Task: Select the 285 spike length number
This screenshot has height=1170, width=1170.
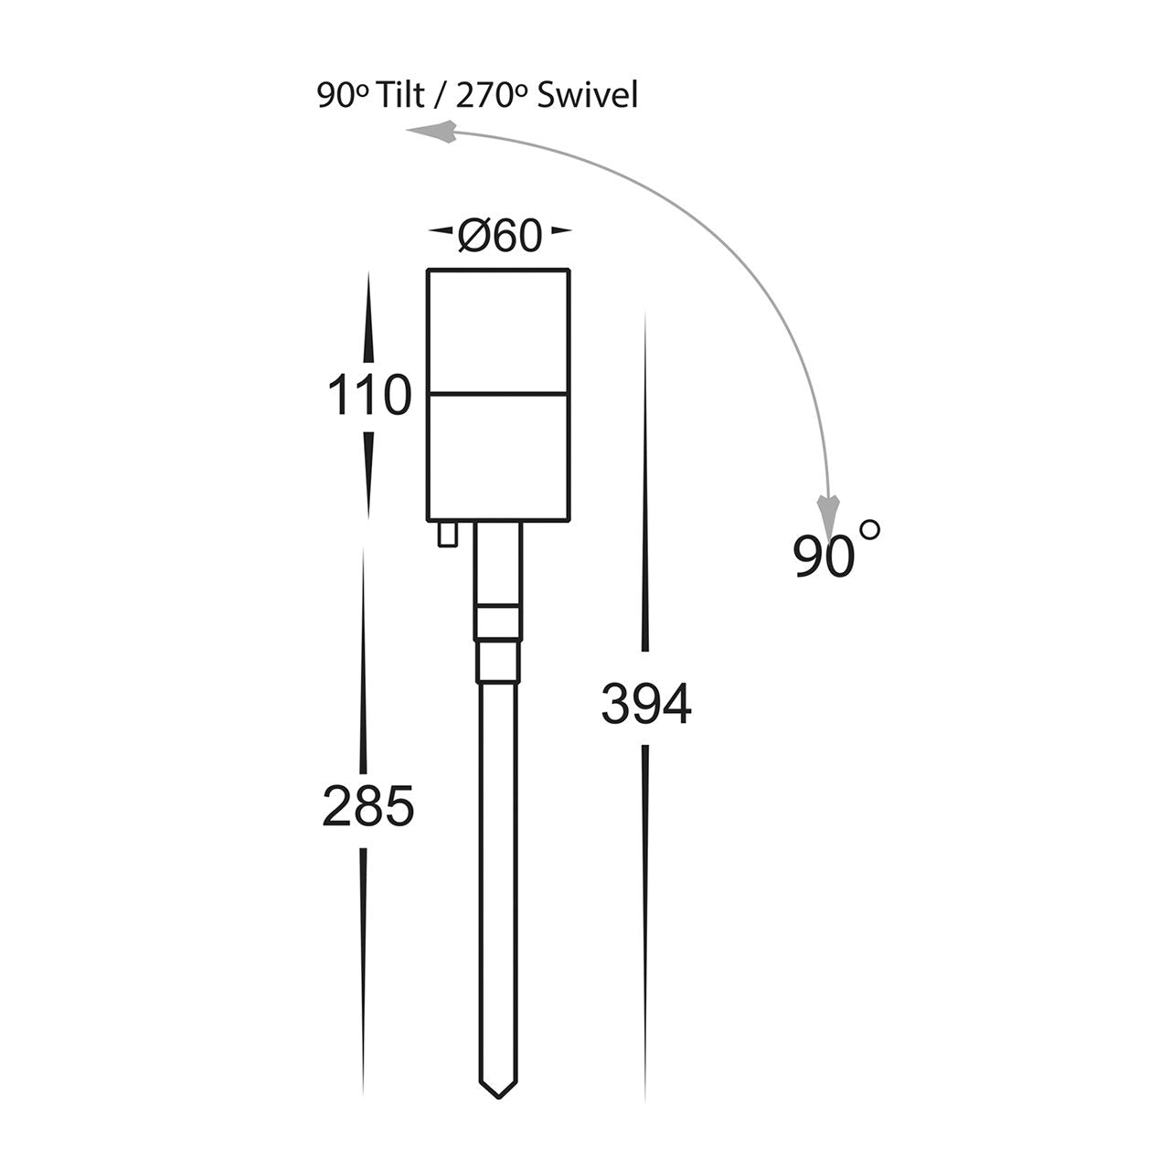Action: [368, 805]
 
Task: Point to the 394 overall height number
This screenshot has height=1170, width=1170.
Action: [646, 704]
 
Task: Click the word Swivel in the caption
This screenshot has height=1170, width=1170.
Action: [587, 96]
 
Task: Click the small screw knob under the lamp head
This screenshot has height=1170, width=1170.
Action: [448, 534]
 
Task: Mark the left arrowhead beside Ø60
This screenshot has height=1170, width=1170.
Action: [441, 230]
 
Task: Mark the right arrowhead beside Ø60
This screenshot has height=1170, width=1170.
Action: [560, 230]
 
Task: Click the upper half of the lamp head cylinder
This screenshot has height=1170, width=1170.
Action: [498, 332]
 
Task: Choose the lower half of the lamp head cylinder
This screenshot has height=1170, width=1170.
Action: [498, 458]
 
